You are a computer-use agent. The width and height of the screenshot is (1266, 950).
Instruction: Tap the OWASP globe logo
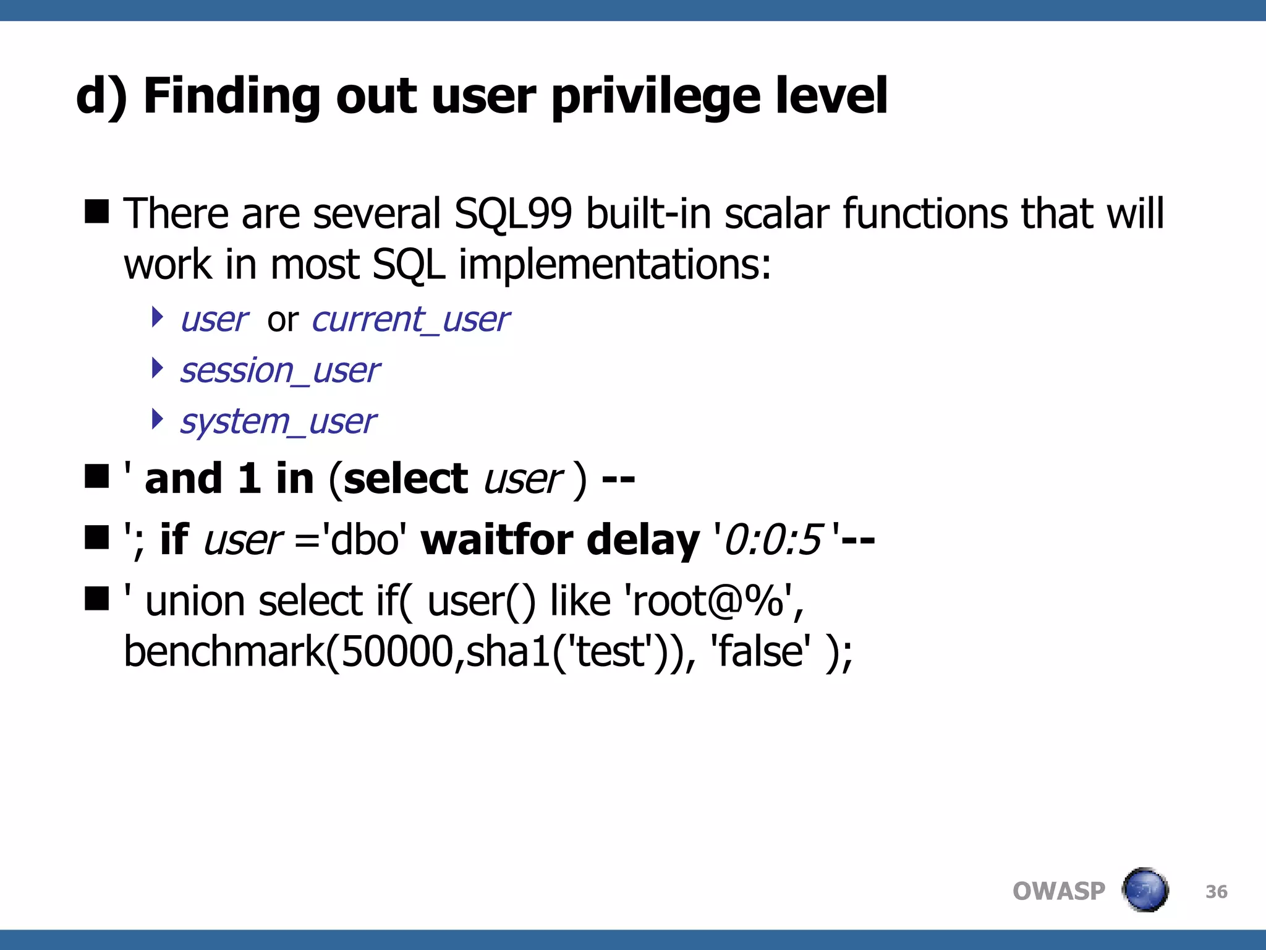(x=1145, y=891)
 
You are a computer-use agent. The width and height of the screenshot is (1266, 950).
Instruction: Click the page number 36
(x=1216, y=892)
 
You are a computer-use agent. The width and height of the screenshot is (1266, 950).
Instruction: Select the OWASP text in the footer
(x=1058, y=891)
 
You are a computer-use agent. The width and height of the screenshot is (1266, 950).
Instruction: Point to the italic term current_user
(x=410, y=320)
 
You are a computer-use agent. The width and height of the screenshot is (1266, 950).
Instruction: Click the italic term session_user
(x=279, y=371)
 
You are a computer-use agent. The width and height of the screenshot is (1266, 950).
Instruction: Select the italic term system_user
(x=278, y=422)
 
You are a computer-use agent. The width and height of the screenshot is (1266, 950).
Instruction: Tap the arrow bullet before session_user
(x=158, y=369)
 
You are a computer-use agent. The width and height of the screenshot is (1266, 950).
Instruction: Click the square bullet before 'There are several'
(x=97, y=212)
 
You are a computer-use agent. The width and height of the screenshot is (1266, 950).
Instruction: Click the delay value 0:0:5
(x=773, y=540)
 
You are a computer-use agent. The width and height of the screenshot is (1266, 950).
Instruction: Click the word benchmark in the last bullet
(x=224, y=652)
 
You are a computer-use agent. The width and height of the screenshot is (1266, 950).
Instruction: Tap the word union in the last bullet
(x=193, y=601)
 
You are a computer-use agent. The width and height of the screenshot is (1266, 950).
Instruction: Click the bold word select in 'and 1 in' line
(x=406, y=479)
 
